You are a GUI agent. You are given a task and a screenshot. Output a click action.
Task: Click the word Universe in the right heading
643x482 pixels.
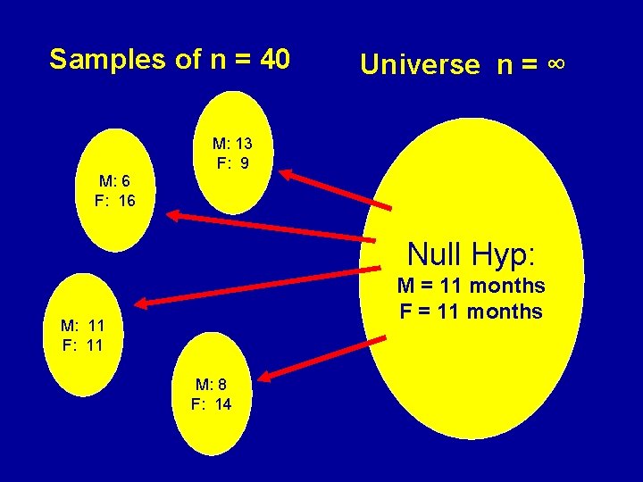[x=419, y=64]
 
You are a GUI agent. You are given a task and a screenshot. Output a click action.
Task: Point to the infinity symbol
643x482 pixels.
[x=555, y=64]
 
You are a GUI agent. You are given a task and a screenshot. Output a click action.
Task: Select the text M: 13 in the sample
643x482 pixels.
[x=231, y=144]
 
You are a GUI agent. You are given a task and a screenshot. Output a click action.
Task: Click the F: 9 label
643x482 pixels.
[x=231, y=164]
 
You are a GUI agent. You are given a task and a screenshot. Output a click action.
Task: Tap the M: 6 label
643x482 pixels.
[x=114, y=180]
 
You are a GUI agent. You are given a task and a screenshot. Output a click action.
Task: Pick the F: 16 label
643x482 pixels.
[x=114, y=201]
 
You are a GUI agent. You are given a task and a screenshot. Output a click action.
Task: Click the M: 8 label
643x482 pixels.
[x=211, y=384]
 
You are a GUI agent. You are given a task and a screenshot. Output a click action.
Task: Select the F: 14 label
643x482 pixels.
[x=211, y=404]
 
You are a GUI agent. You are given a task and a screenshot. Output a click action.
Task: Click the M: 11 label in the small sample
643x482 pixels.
[x=83, y=325]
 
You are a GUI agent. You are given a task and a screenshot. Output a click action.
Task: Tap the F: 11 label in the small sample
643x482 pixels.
[x=83, y=345]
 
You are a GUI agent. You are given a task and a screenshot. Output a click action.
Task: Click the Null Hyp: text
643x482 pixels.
[x=471, y=254]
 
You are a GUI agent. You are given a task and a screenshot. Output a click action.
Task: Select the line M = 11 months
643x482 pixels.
[x=471, y=287]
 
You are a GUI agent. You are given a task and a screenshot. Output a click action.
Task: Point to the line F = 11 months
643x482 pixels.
[x=471, y=312]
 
